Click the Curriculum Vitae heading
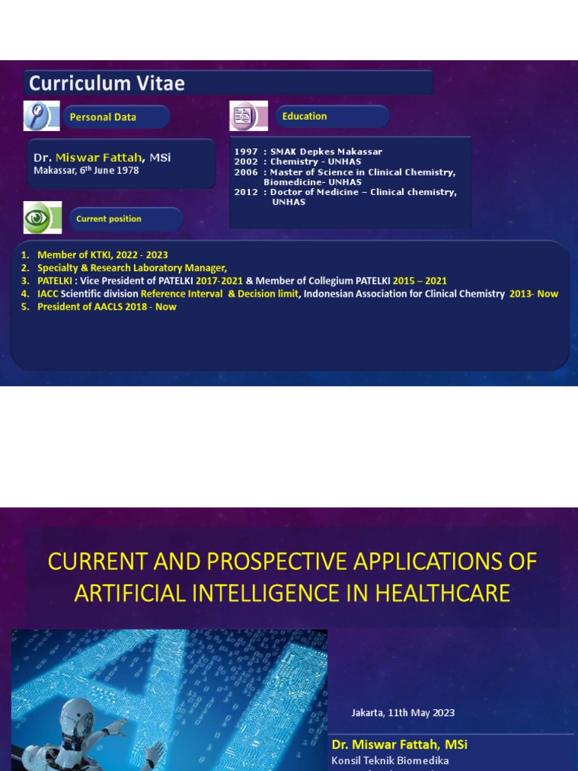click(x=107, y=83)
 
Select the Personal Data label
click(x=103, y=117)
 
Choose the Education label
click(x=304, y=116)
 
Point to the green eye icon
click(x=37, y=218)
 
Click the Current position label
click(x=108, y=219)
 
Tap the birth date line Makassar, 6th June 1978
click(x=86, y=170)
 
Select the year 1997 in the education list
click(x=246, y=152)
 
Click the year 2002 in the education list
click(x=246, y=162)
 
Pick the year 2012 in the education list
click(x=246, y=192)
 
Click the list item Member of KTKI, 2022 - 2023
click(x=102, y=255)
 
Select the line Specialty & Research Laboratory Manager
click(x=132, y=268)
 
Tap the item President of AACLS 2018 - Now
click(x=107, y=306)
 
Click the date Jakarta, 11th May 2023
click(x=403, y=713)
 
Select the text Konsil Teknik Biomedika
click(x=390, y=760)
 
